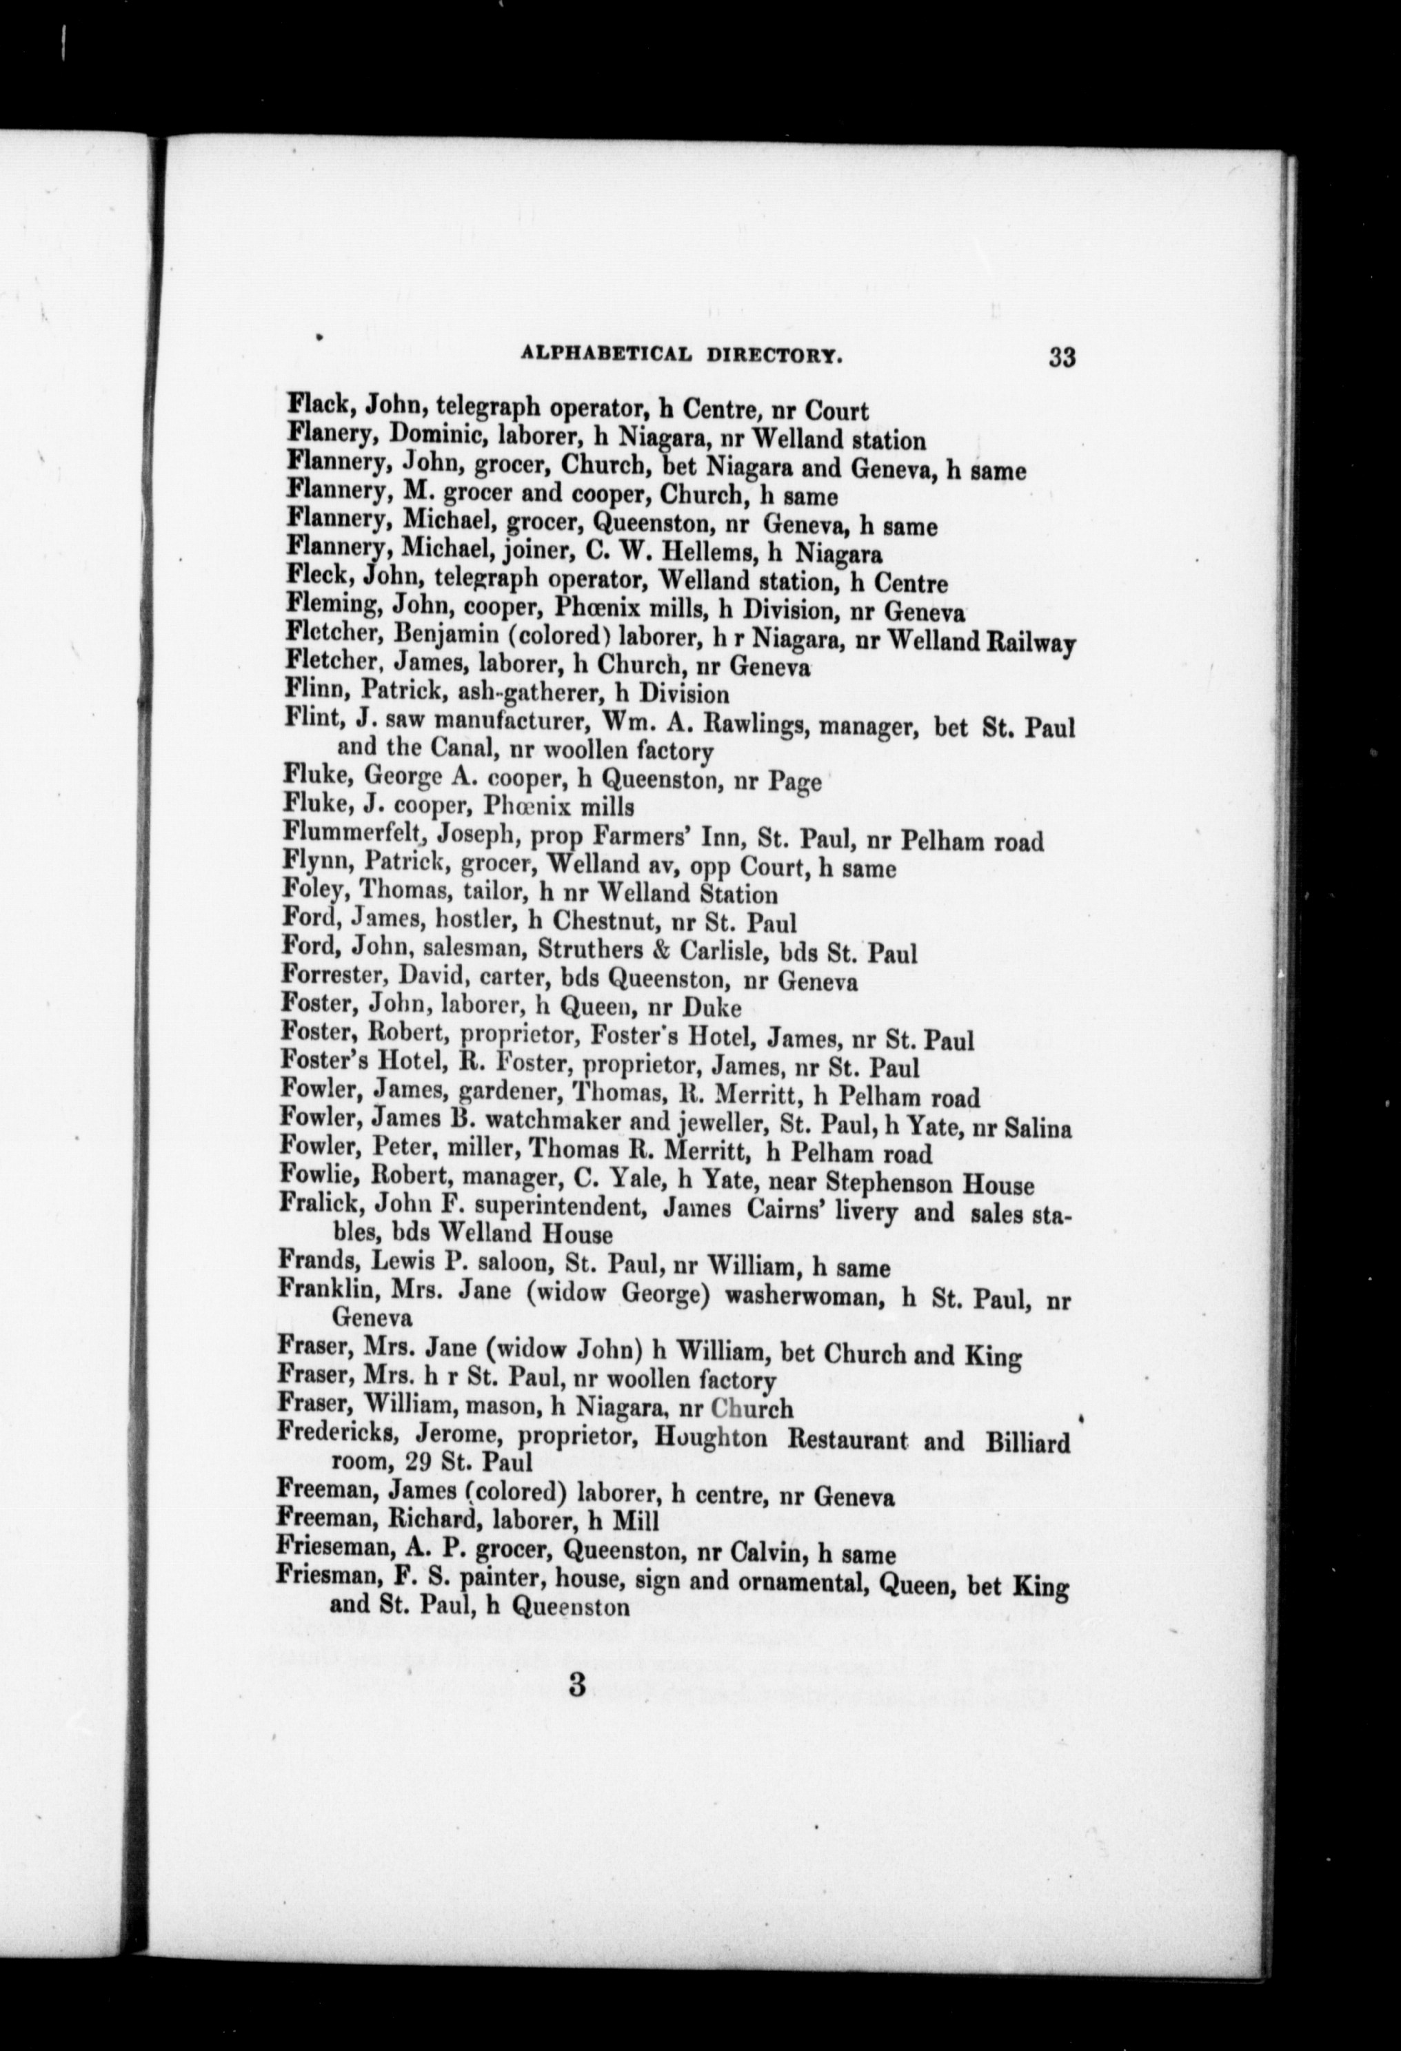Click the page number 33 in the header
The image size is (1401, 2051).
coord(1061,358)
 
